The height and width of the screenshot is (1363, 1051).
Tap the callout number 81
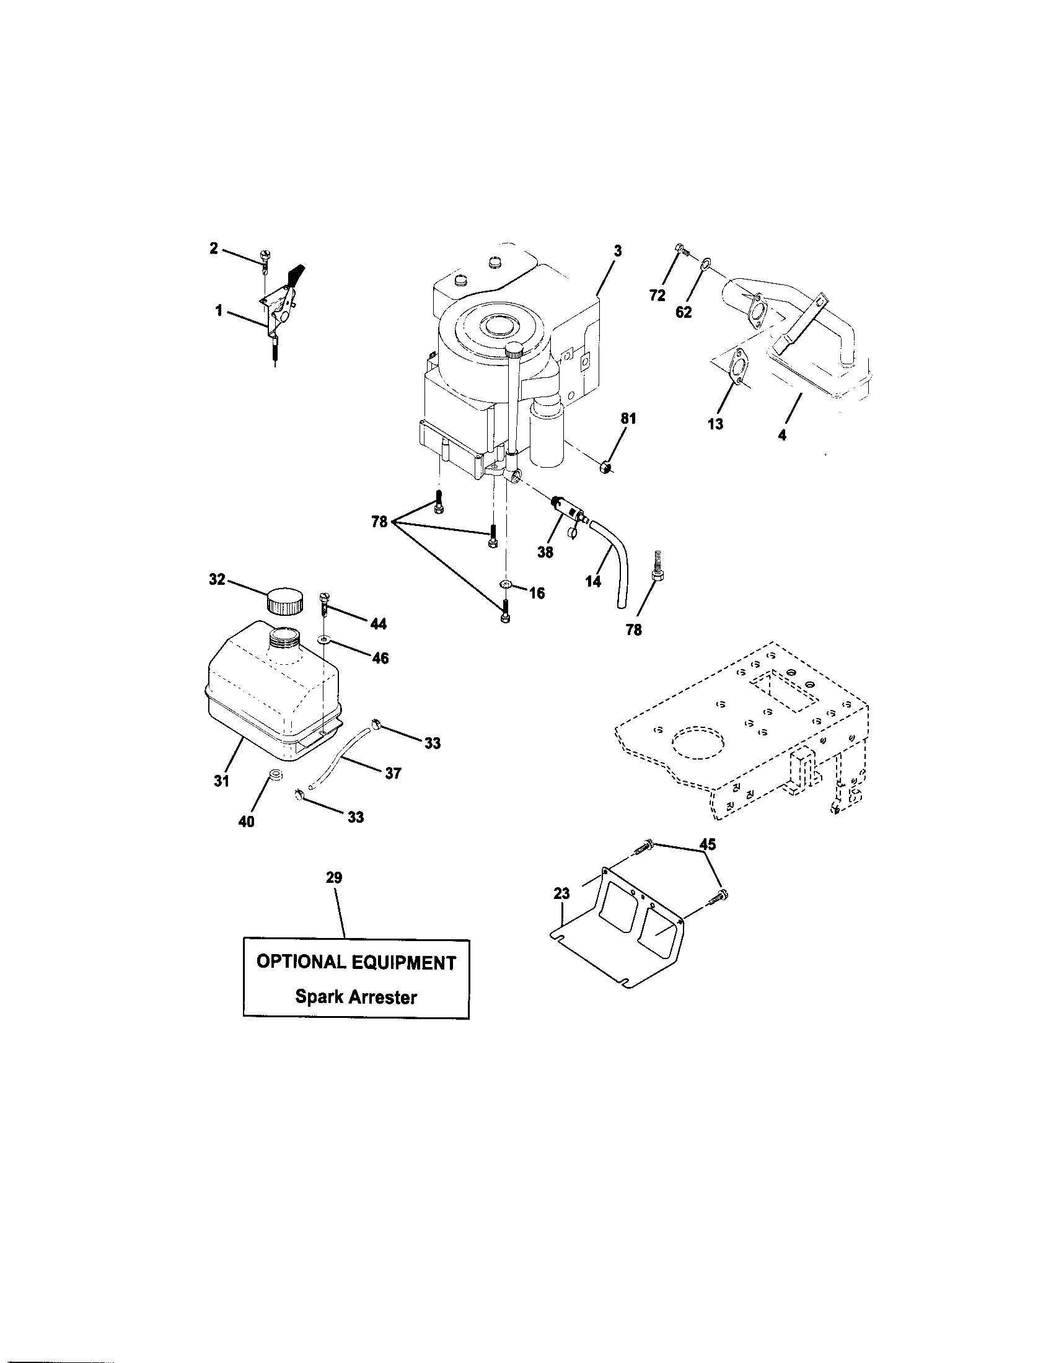pyautogui.click(x=628, y=419)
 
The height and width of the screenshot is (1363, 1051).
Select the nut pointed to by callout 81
pyautogui.click(x=604, y=466)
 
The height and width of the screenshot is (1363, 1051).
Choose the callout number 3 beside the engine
pyautogui.click(x=617, y=252)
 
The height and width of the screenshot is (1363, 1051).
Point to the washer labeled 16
pyautogui.click(x=506, y=584)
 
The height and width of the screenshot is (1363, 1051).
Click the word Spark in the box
pyautogui.click(x=319, y=997)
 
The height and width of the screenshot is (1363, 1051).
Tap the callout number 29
pyautogui.click(x=334, y=878)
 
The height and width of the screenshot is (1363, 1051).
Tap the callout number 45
pyautogui.click(x=707, y=844)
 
